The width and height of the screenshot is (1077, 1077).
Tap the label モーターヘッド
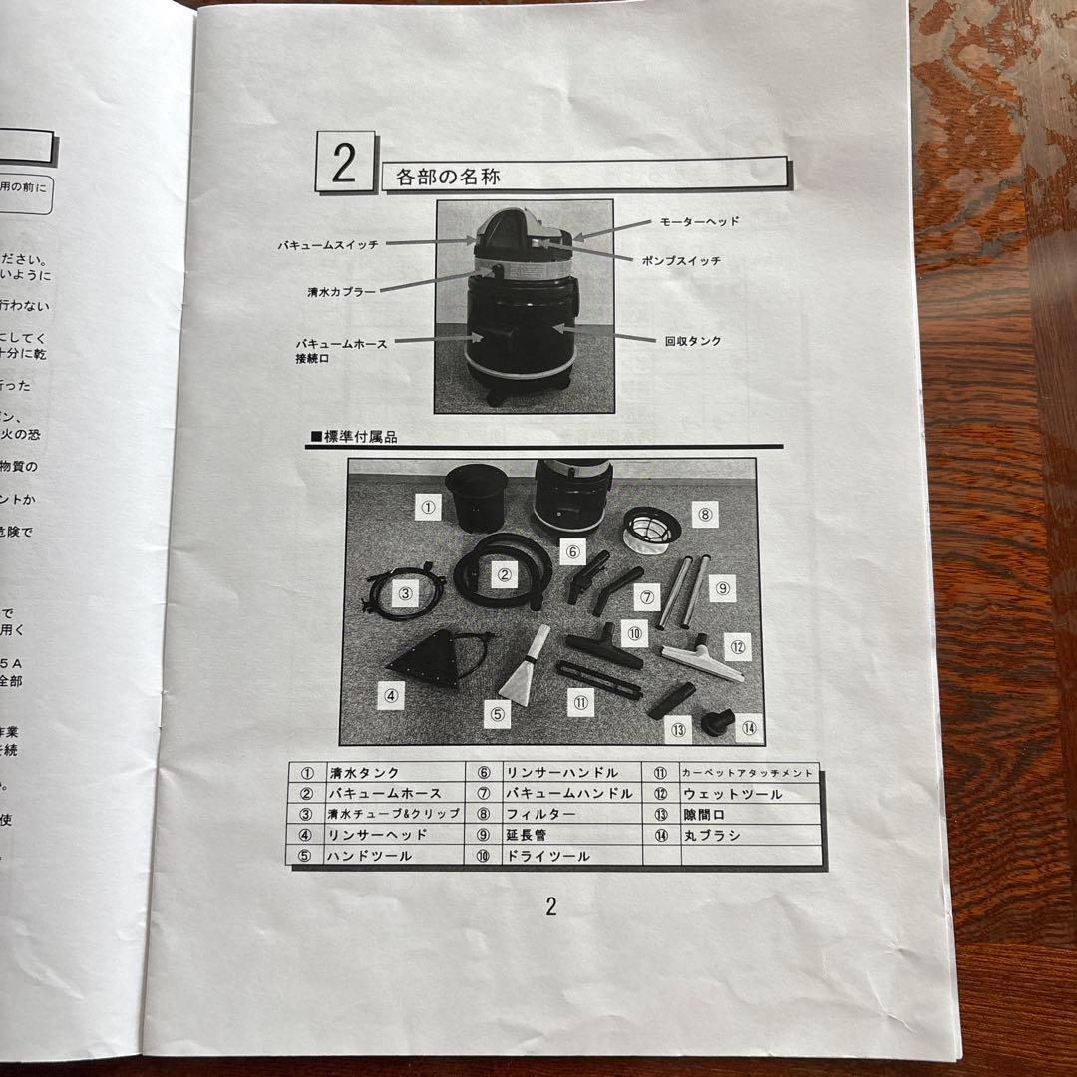(x=699, y=221)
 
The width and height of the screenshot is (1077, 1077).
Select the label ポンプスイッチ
(x=681, y=261)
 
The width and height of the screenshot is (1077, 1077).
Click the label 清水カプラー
(x=341, y=293)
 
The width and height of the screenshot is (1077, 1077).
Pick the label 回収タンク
(x=693, y=341)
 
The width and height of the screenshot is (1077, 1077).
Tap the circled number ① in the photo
(x=428, y=507)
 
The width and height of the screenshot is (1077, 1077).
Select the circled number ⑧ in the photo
(x=704, y=515)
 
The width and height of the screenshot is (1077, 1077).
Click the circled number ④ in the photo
(x=391, y=696)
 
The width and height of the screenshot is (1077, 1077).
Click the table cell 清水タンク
(x=364, y=773)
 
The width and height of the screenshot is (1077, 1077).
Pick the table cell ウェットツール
(x=732, y=794)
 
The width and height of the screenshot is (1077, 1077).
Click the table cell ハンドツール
(x=369, y=856)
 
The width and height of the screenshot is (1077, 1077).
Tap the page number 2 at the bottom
(x=550, y=905)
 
